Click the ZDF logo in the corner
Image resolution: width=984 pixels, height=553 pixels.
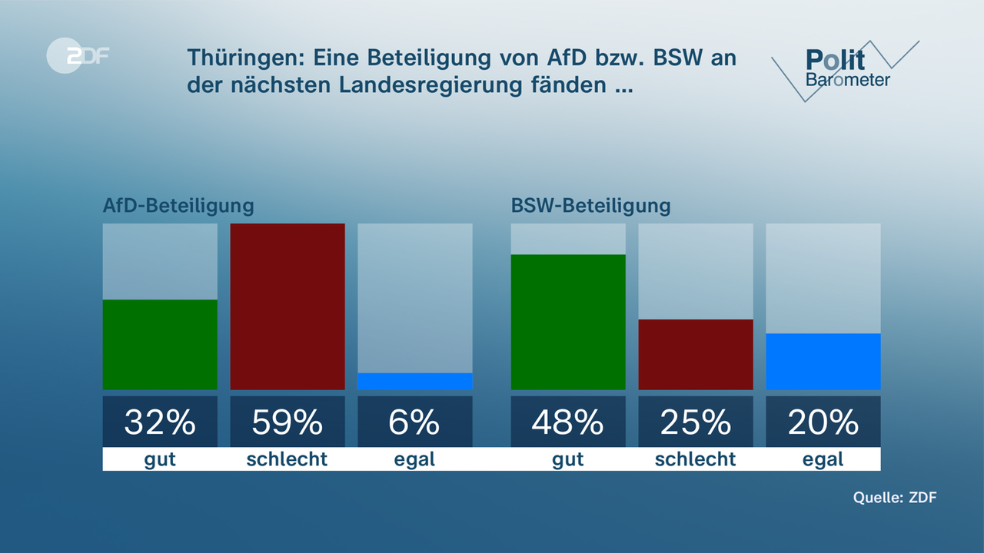(x=78, y=56)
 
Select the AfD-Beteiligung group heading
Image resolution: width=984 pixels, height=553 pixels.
(x=178, y=206)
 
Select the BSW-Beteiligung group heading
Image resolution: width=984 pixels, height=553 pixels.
(x=590, y=206)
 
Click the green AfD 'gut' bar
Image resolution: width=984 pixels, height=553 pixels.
(x=160, y=345)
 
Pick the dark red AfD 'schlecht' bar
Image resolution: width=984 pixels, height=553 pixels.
(x=288, y=306)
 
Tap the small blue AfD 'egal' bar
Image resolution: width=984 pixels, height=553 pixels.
(x=415, y=382)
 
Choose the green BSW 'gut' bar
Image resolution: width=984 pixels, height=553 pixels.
(x=568, y=322)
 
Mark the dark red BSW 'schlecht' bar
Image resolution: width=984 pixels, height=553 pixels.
(x=696, y=354)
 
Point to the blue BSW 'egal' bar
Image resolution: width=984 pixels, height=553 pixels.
(x=823, y=362)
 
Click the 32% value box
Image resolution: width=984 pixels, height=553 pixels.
(x=160, y=422)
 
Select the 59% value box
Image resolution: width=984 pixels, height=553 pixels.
(x=288, y=422)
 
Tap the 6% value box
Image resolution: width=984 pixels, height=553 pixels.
(x=415, y=422)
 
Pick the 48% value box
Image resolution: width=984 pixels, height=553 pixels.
(x=568, y=422)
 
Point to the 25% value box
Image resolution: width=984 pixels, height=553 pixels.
(x=696, y=422)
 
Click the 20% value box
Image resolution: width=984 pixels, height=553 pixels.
(x=823, y=422)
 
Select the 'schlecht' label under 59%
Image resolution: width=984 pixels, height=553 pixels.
(x=287, y=459)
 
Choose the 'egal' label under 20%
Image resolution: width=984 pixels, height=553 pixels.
(x=823, y=459)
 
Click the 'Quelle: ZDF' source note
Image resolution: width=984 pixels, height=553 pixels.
(x=895, y=497)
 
